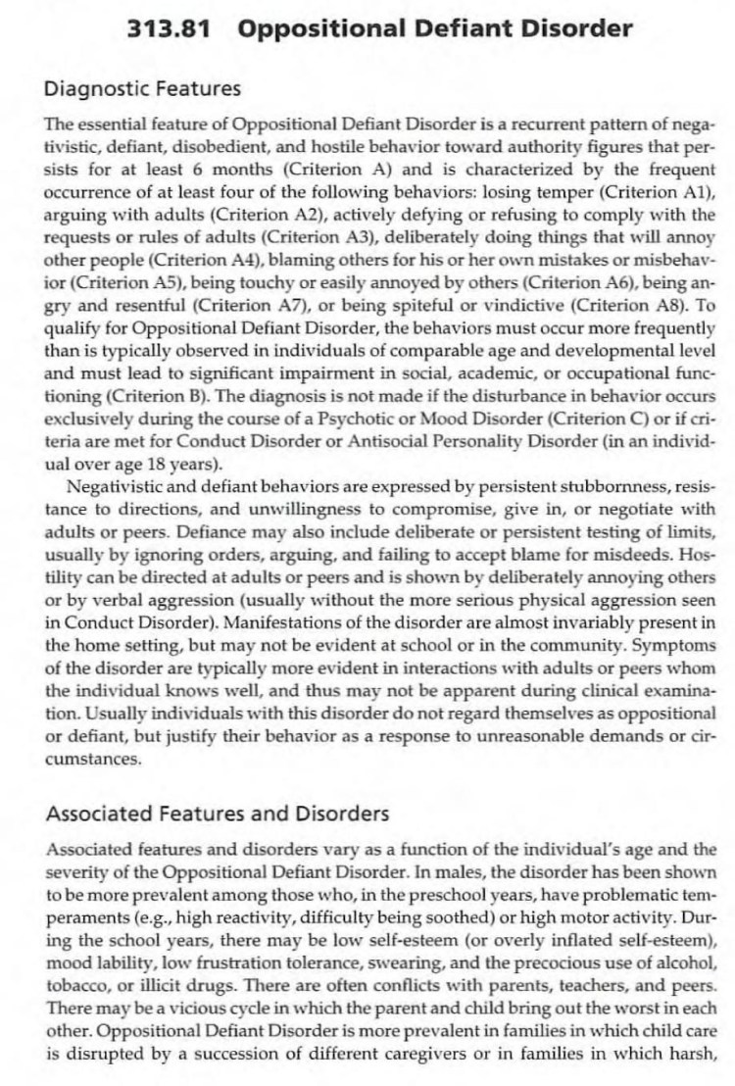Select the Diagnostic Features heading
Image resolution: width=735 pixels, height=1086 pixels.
point(142,89)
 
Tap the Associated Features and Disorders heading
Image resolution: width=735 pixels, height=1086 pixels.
point(217,814)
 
